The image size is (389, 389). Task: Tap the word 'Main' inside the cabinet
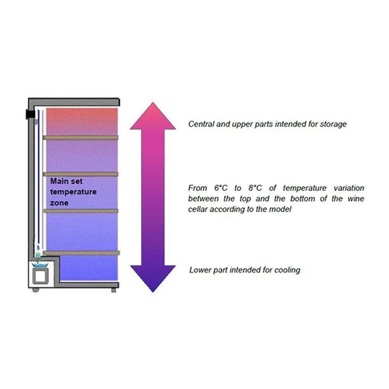click(x=59, y=181)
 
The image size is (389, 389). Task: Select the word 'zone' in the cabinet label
click(x=59, y=203)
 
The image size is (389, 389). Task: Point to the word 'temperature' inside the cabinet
click(x=73, y=192)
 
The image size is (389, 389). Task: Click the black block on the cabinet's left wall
click(x=30, y=114)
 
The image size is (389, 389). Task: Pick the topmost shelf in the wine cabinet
click(x=80, y=137)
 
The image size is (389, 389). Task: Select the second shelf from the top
click(x=80, y=174)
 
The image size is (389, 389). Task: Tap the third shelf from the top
click(x=80, y=211)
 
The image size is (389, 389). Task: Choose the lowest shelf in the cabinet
click(x=80, y=253)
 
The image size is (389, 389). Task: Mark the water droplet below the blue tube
click(x=38, y=247)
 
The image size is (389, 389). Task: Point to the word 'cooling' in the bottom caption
click(x=287, y=270)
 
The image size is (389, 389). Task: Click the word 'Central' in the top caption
click(x=200, y=124)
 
